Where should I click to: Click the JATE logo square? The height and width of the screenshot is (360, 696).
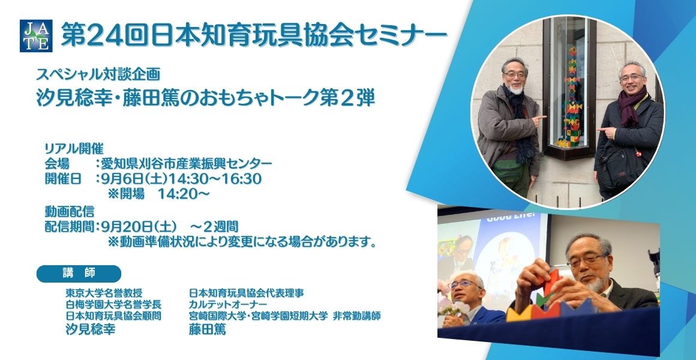click(36, 36)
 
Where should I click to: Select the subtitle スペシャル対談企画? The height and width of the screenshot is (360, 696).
click(98, 74)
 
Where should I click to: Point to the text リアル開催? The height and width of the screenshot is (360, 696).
click(74, 148)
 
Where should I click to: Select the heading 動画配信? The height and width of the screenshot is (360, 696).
click(69, 211)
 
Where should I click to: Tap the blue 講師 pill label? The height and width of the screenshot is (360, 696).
click(79, 274)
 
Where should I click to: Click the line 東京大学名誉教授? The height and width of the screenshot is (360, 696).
click(104, 293)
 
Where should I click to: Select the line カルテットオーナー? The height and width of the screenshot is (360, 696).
click(228, 305)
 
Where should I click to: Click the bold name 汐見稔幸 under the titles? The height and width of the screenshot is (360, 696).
click(91, 329)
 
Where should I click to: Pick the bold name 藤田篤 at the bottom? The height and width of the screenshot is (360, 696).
click(207, 329)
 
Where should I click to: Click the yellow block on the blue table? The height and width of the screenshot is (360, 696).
click(519, 313)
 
